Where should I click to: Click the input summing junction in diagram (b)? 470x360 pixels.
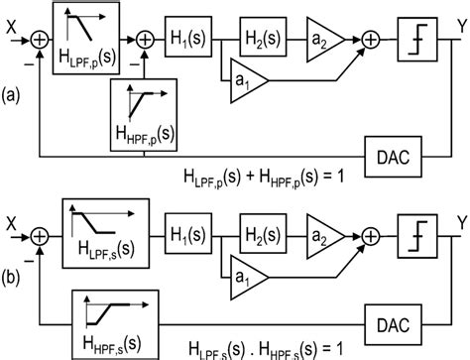(41, 236)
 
